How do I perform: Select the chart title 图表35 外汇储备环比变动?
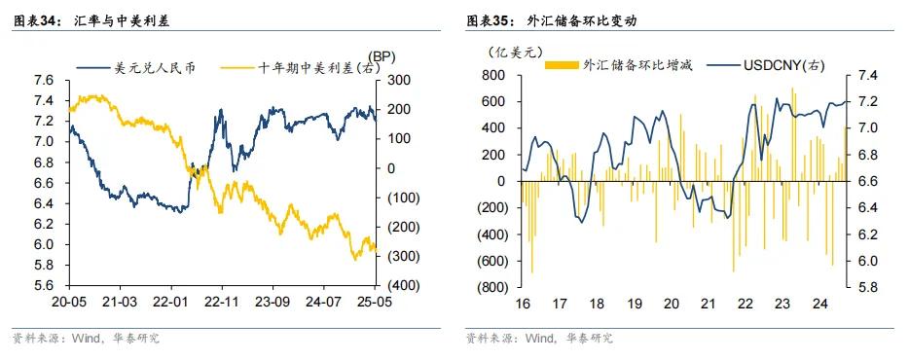point(544,19)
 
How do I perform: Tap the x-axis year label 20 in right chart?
point(671,304)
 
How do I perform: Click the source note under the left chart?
point(85,339)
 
